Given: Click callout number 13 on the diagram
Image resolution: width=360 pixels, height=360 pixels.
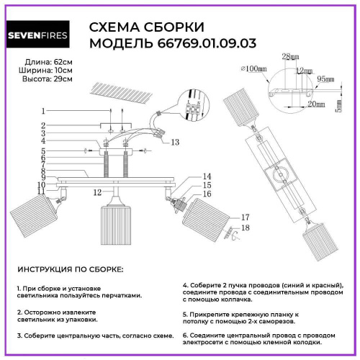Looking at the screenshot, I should tap(175, 143).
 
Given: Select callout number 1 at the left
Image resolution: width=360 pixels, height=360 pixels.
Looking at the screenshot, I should tap(43, 111).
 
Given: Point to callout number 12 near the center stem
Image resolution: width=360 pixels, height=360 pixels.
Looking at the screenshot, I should tap(96, 192).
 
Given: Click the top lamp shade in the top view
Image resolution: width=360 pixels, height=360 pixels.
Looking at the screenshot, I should tap(247, 107).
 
